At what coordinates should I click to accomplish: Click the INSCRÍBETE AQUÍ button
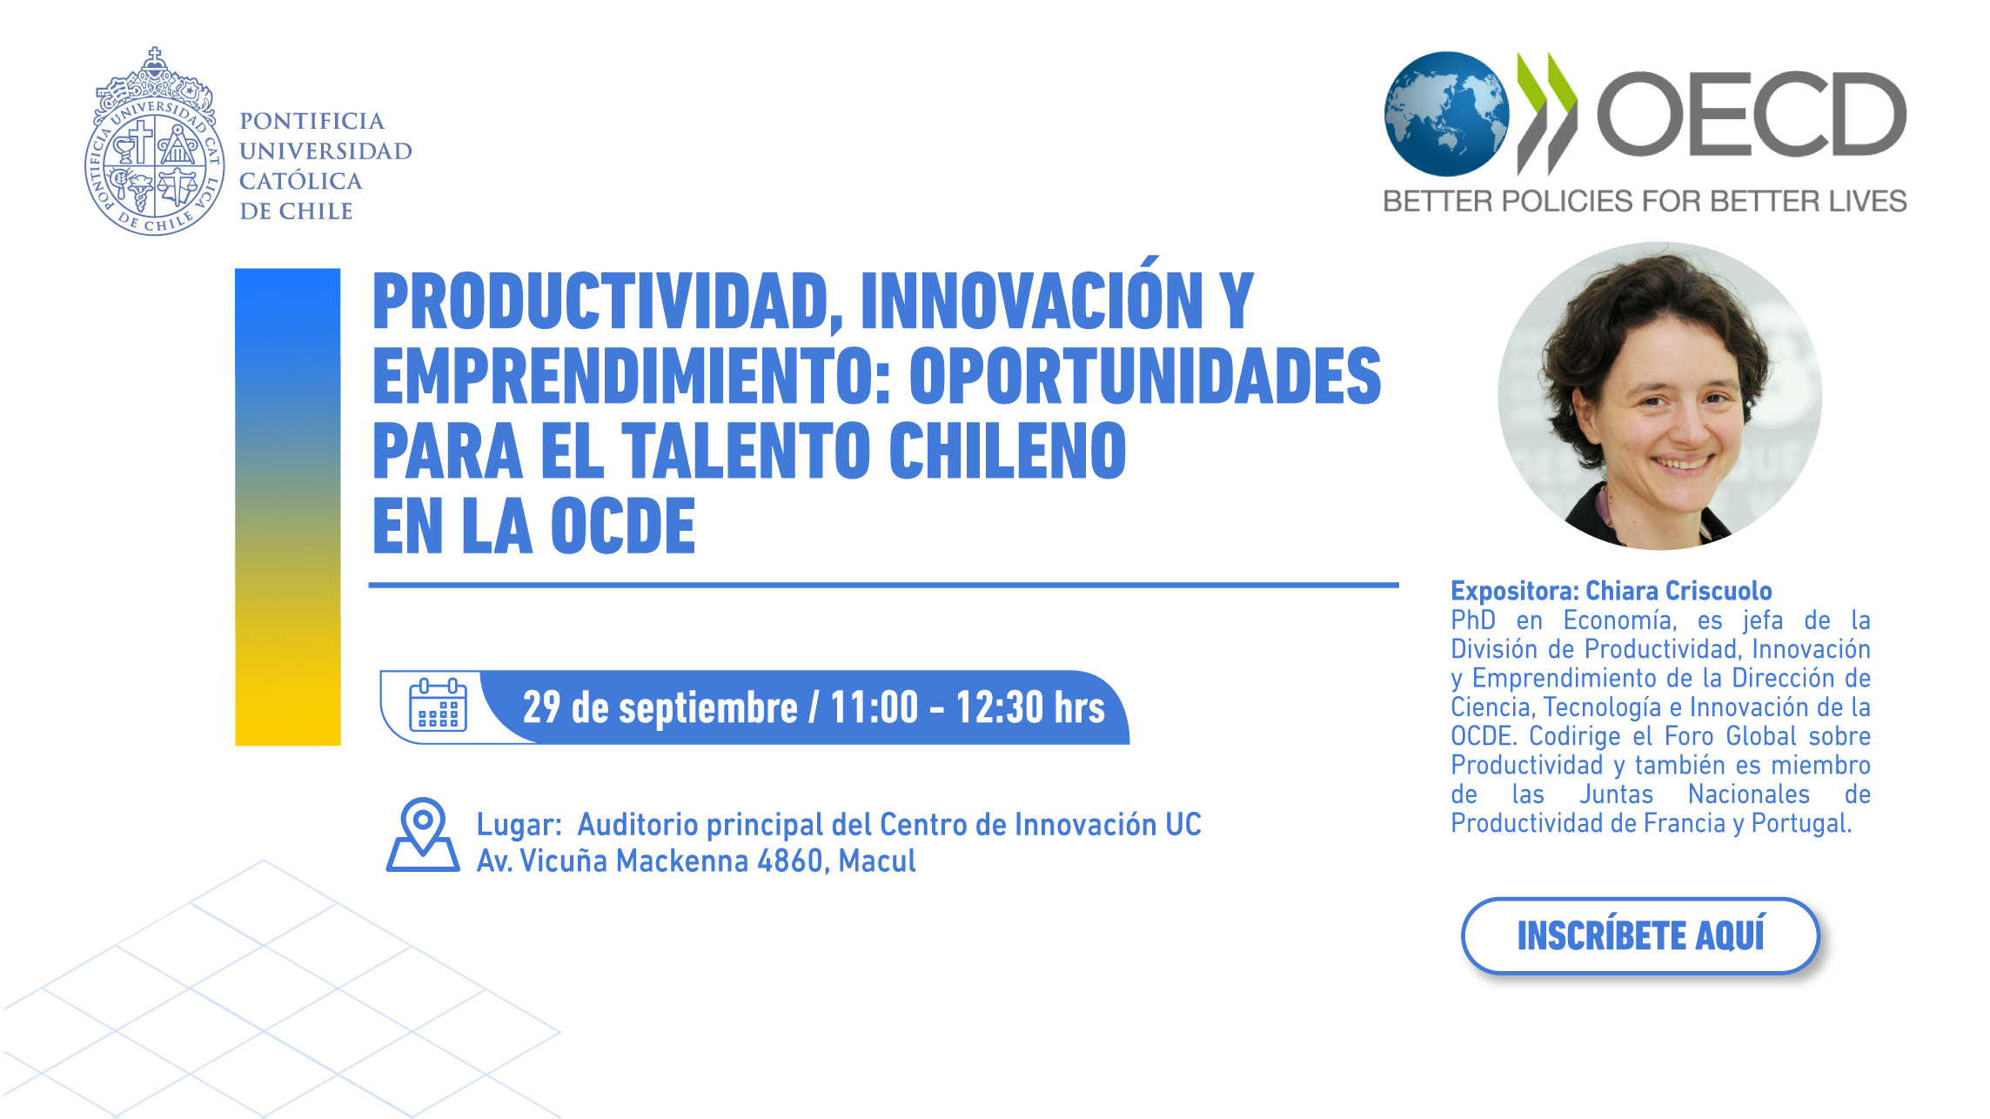1640,935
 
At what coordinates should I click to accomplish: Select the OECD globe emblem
1446,113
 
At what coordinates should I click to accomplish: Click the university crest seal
154,142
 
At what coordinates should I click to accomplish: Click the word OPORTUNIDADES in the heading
1145,376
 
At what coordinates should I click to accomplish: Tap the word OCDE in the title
623,526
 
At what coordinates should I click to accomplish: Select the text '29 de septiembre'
660,707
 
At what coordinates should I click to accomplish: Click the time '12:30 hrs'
1030,707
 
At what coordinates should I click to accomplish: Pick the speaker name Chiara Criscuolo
1678,591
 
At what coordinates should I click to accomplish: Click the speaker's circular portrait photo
1659,396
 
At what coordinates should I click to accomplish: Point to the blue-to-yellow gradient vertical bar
288,506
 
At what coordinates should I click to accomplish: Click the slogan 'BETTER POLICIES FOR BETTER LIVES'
1645,201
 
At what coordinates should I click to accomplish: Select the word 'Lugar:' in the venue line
519,825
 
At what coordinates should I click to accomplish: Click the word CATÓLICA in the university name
301,181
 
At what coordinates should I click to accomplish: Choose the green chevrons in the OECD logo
1546,113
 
